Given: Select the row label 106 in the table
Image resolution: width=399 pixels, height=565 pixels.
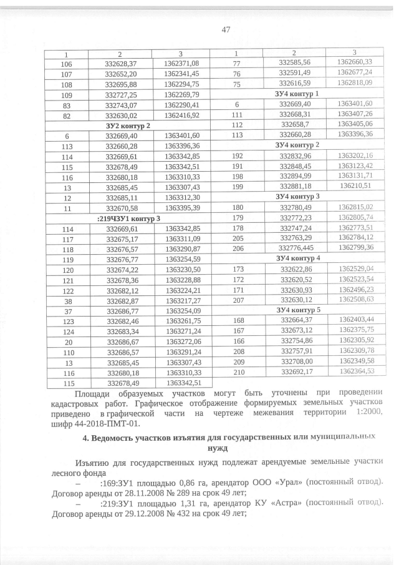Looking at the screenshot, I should (x=66, y=63).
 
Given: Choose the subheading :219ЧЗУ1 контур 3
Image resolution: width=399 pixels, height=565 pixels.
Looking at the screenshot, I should (x=128, y=219).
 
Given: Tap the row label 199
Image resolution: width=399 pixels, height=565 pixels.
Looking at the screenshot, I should (x=237, y=185).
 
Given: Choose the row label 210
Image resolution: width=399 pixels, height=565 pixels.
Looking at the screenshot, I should (x=237, y=371).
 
